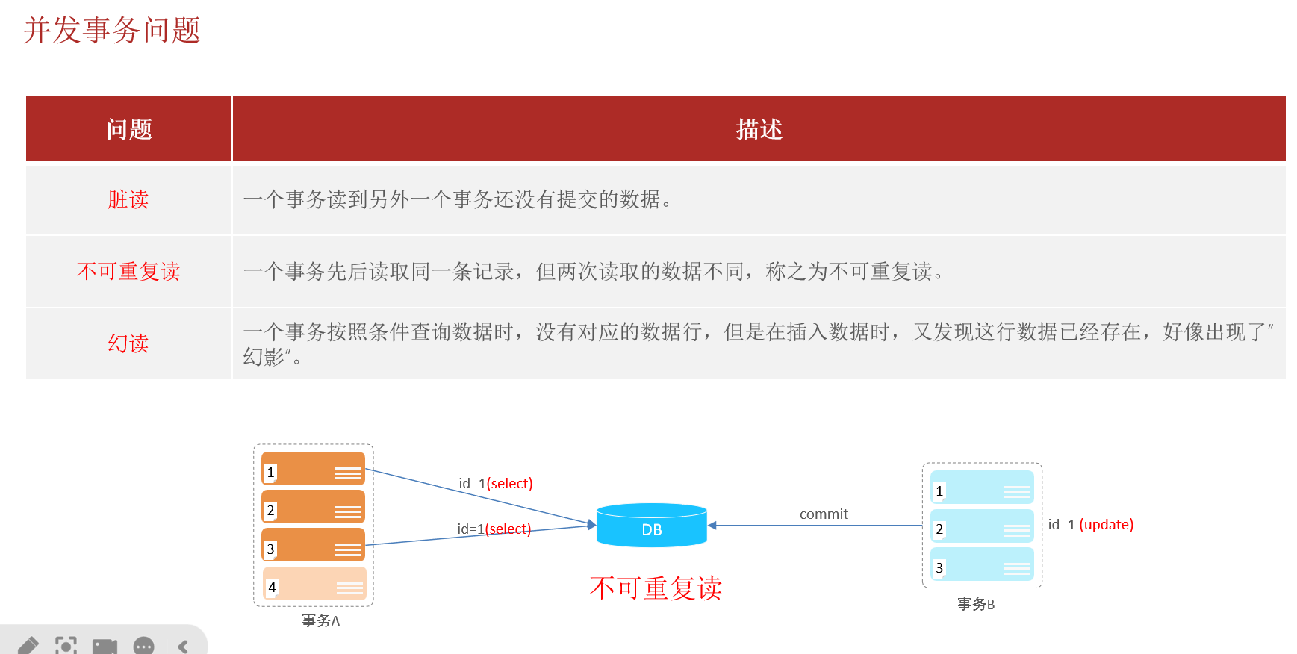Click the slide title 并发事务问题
(x=112, y=31)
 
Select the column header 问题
(x=129, y=129)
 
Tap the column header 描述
(x=759, y=129)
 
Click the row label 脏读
(x=128, y=199)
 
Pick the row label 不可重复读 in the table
(x=128, y=271)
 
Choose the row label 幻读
(x=128, y=343)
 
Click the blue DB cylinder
(x=651, y=526)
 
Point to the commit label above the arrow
(x=824, y=514)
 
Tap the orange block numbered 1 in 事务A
(x=313, y=469)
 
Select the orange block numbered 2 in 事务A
(x=313, y=507)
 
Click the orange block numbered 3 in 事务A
(x=313, y=545)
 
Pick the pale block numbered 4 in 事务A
(x=314, y=584)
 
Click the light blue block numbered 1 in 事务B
(x=982, y=488)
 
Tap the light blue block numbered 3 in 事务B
(x=982, y=564)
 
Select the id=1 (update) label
(x=1090, y=524)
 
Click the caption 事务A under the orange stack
(x=321, y=620)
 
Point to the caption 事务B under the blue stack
(x=976, y=604)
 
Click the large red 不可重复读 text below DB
(x=656, y=588)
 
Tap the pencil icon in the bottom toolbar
(x=28, y=645)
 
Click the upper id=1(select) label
(x=495, y=483)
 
